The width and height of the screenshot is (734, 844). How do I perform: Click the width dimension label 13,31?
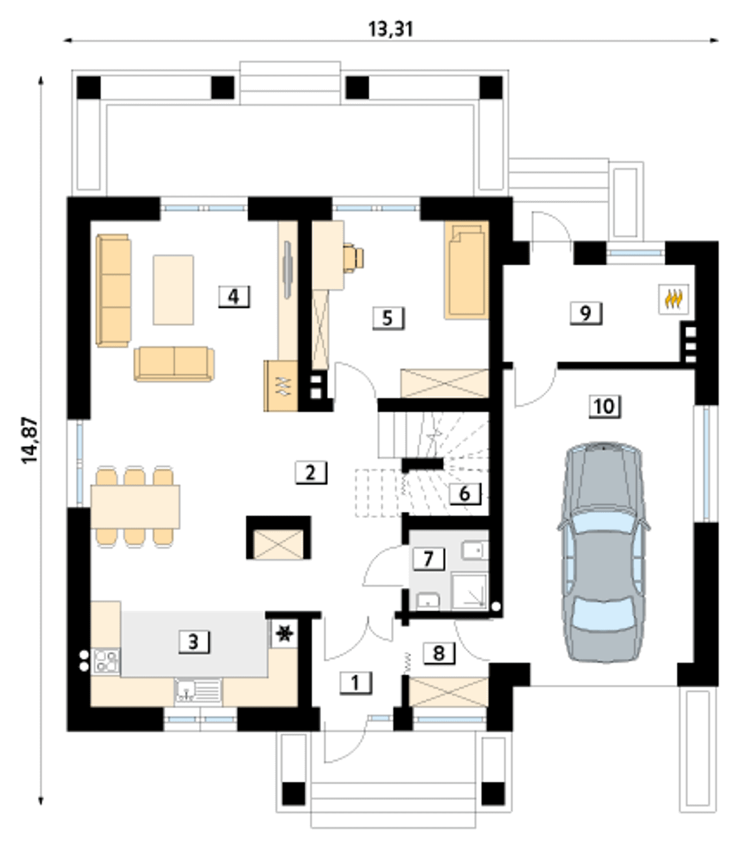point(391,29)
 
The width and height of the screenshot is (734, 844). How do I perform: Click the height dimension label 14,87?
point(30,441)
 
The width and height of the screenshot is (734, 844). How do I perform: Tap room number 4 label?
point(233,297)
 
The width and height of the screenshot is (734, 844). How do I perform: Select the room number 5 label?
point(388,319)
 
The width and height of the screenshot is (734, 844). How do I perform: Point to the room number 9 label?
point(586,313)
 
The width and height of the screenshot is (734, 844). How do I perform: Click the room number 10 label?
point(604,407)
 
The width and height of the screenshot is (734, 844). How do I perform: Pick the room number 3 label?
point(194,642)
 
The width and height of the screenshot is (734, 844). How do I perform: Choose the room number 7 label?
point(428,559)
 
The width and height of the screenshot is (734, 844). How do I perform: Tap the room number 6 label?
point(465,493)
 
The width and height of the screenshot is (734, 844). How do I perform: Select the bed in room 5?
point(466,270)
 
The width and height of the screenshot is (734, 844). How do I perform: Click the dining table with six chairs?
point(135,507)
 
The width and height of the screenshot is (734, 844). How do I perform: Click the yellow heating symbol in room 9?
point(673,299)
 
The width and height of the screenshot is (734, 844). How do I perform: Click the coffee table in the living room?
point(173,289)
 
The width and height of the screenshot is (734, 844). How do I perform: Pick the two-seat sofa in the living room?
point(174,363)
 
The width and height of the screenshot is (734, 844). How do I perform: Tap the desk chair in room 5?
point(353,258)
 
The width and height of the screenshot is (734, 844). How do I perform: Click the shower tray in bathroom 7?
point(470,591)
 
